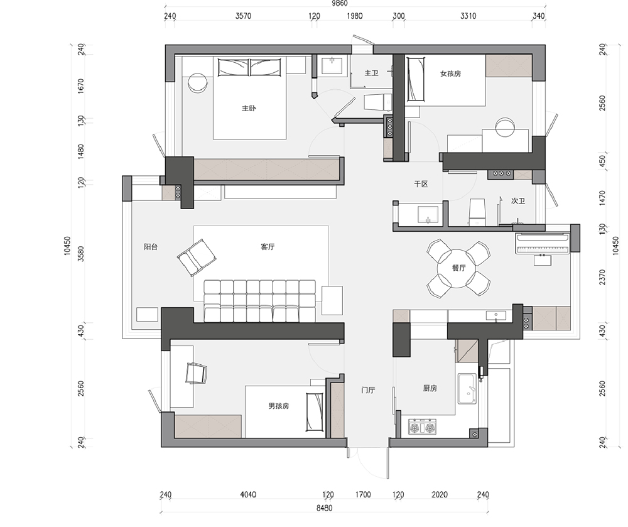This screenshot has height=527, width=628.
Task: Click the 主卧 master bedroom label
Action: pyautogui.click(x=249, y=108)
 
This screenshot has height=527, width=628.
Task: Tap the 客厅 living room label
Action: pyautogui.click(x=268, y=247)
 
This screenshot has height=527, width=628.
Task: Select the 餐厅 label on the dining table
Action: pyautogui.click(x=459, y=268)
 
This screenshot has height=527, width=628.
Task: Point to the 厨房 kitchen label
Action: pyautogui.click(x=430, y=388)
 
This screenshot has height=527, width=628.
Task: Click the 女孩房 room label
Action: pyautogui.click(x=450, y=73)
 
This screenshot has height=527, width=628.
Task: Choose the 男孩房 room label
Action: pyautogui.click(x=279, y=406)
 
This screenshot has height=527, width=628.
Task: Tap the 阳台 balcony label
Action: pyautogui.click(x=151, y=247)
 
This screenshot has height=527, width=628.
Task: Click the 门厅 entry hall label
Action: pyautogui.click(x=368, y=389)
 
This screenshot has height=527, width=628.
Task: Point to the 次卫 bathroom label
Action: pyautogui.click(x=518, y=200)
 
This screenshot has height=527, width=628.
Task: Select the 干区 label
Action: pyautogui.click(x=421, y=184)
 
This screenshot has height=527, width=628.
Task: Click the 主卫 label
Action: pyautogui.click(x=371, y=73)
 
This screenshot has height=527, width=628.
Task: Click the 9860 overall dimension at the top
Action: pyautogui.click(x=339, y=3)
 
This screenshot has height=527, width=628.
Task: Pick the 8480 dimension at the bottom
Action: pyautogui.click(x=325, y=508)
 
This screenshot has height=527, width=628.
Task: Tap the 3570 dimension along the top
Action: pyautogui.click(x=243, y=16)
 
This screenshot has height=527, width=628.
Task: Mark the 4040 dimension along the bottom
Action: pyautogui.click(x=248, y=494)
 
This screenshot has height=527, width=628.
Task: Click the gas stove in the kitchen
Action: pyautogui.click(x=422, y=427)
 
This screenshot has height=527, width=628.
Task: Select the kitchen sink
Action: pyautogui.click(x=467, y=389)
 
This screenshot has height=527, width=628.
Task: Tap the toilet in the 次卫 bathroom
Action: pyautogui.click(x=477, y=212)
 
